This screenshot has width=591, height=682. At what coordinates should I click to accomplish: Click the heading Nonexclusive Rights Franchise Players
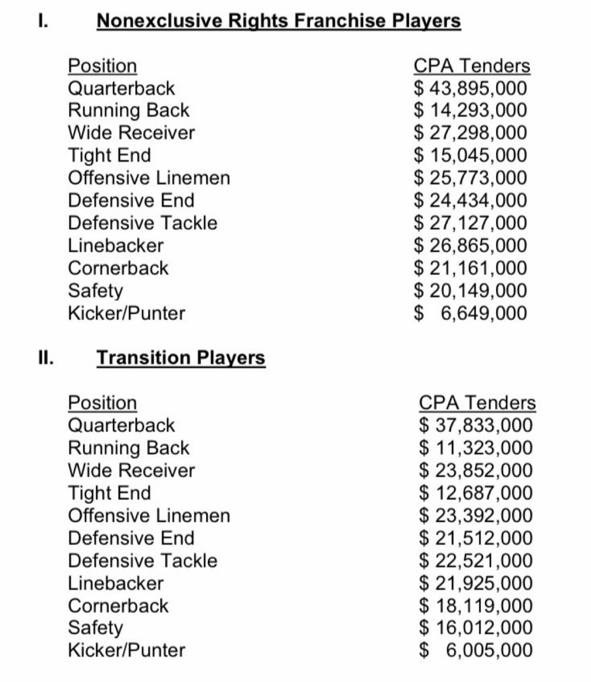(279, 21)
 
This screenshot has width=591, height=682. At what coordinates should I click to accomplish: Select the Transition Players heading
(181, 357)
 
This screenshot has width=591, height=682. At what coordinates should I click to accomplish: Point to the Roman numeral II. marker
(46, 357)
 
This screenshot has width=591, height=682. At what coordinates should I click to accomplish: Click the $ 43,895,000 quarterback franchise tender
(470, 88)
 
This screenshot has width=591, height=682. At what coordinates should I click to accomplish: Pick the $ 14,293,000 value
(470, 110)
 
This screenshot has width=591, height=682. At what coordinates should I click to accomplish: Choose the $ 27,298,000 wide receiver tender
(470, 132)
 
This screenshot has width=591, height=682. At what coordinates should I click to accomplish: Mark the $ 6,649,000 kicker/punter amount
(470, 313)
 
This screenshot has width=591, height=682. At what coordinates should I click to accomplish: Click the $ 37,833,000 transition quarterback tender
(476, 425)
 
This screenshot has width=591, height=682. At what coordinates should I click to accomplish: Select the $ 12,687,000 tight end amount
(476, 493)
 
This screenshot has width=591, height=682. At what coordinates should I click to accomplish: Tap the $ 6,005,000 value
(476, 650)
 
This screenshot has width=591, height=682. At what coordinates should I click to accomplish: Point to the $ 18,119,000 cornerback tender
(476, 605)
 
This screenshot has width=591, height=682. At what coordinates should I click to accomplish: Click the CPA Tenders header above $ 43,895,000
(471, 66)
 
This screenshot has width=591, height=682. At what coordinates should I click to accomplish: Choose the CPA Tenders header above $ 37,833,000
(477, 403)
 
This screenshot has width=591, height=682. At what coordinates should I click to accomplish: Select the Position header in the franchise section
(103, 66)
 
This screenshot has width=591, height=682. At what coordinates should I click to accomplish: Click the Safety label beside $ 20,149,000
(95, 291)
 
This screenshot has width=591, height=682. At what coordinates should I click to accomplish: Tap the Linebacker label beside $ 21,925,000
(115, 583)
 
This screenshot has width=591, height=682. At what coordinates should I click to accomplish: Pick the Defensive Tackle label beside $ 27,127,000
(143, 223)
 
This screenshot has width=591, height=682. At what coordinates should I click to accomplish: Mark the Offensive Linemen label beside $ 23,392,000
(149, 516)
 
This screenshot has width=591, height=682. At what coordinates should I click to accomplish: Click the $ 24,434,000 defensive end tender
(470, 200)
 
